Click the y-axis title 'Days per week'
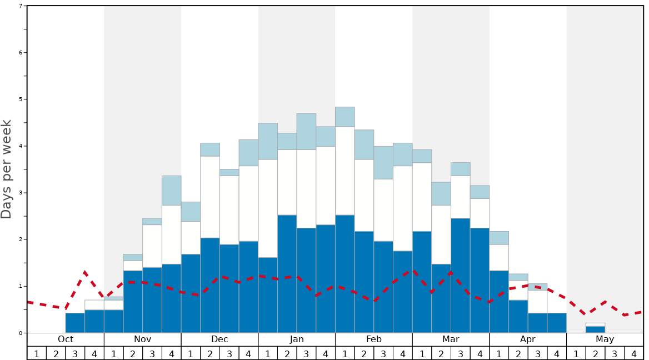[x=7, y=169]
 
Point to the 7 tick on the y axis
[x=21, y=6]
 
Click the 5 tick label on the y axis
[x=21, y=99]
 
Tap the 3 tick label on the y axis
[x=21, y=193]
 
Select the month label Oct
[x=66, y=339]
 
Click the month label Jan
[x=297, y=339]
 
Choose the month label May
[x=605, y=339]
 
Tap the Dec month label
[x=219, y=339]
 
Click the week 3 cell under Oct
[x=75, y=353]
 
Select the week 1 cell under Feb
[x=345, y=353]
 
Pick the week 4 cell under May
[x=633, y=353]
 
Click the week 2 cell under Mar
[x=441, y=353]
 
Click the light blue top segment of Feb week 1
[x=345, y=117]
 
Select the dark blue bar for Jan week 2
[x=287, y=274]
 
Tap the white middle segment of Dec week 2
[x=210, y=197]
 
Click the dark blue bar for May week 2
[x=595, y=329]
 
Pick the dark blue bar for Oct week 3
[x=75, y=323]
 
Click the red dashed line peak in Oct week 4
[x=85, y=272]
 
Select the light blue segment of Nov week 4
[x=171, y=191]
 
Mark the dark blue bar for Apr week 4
[x=557, y=323]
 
